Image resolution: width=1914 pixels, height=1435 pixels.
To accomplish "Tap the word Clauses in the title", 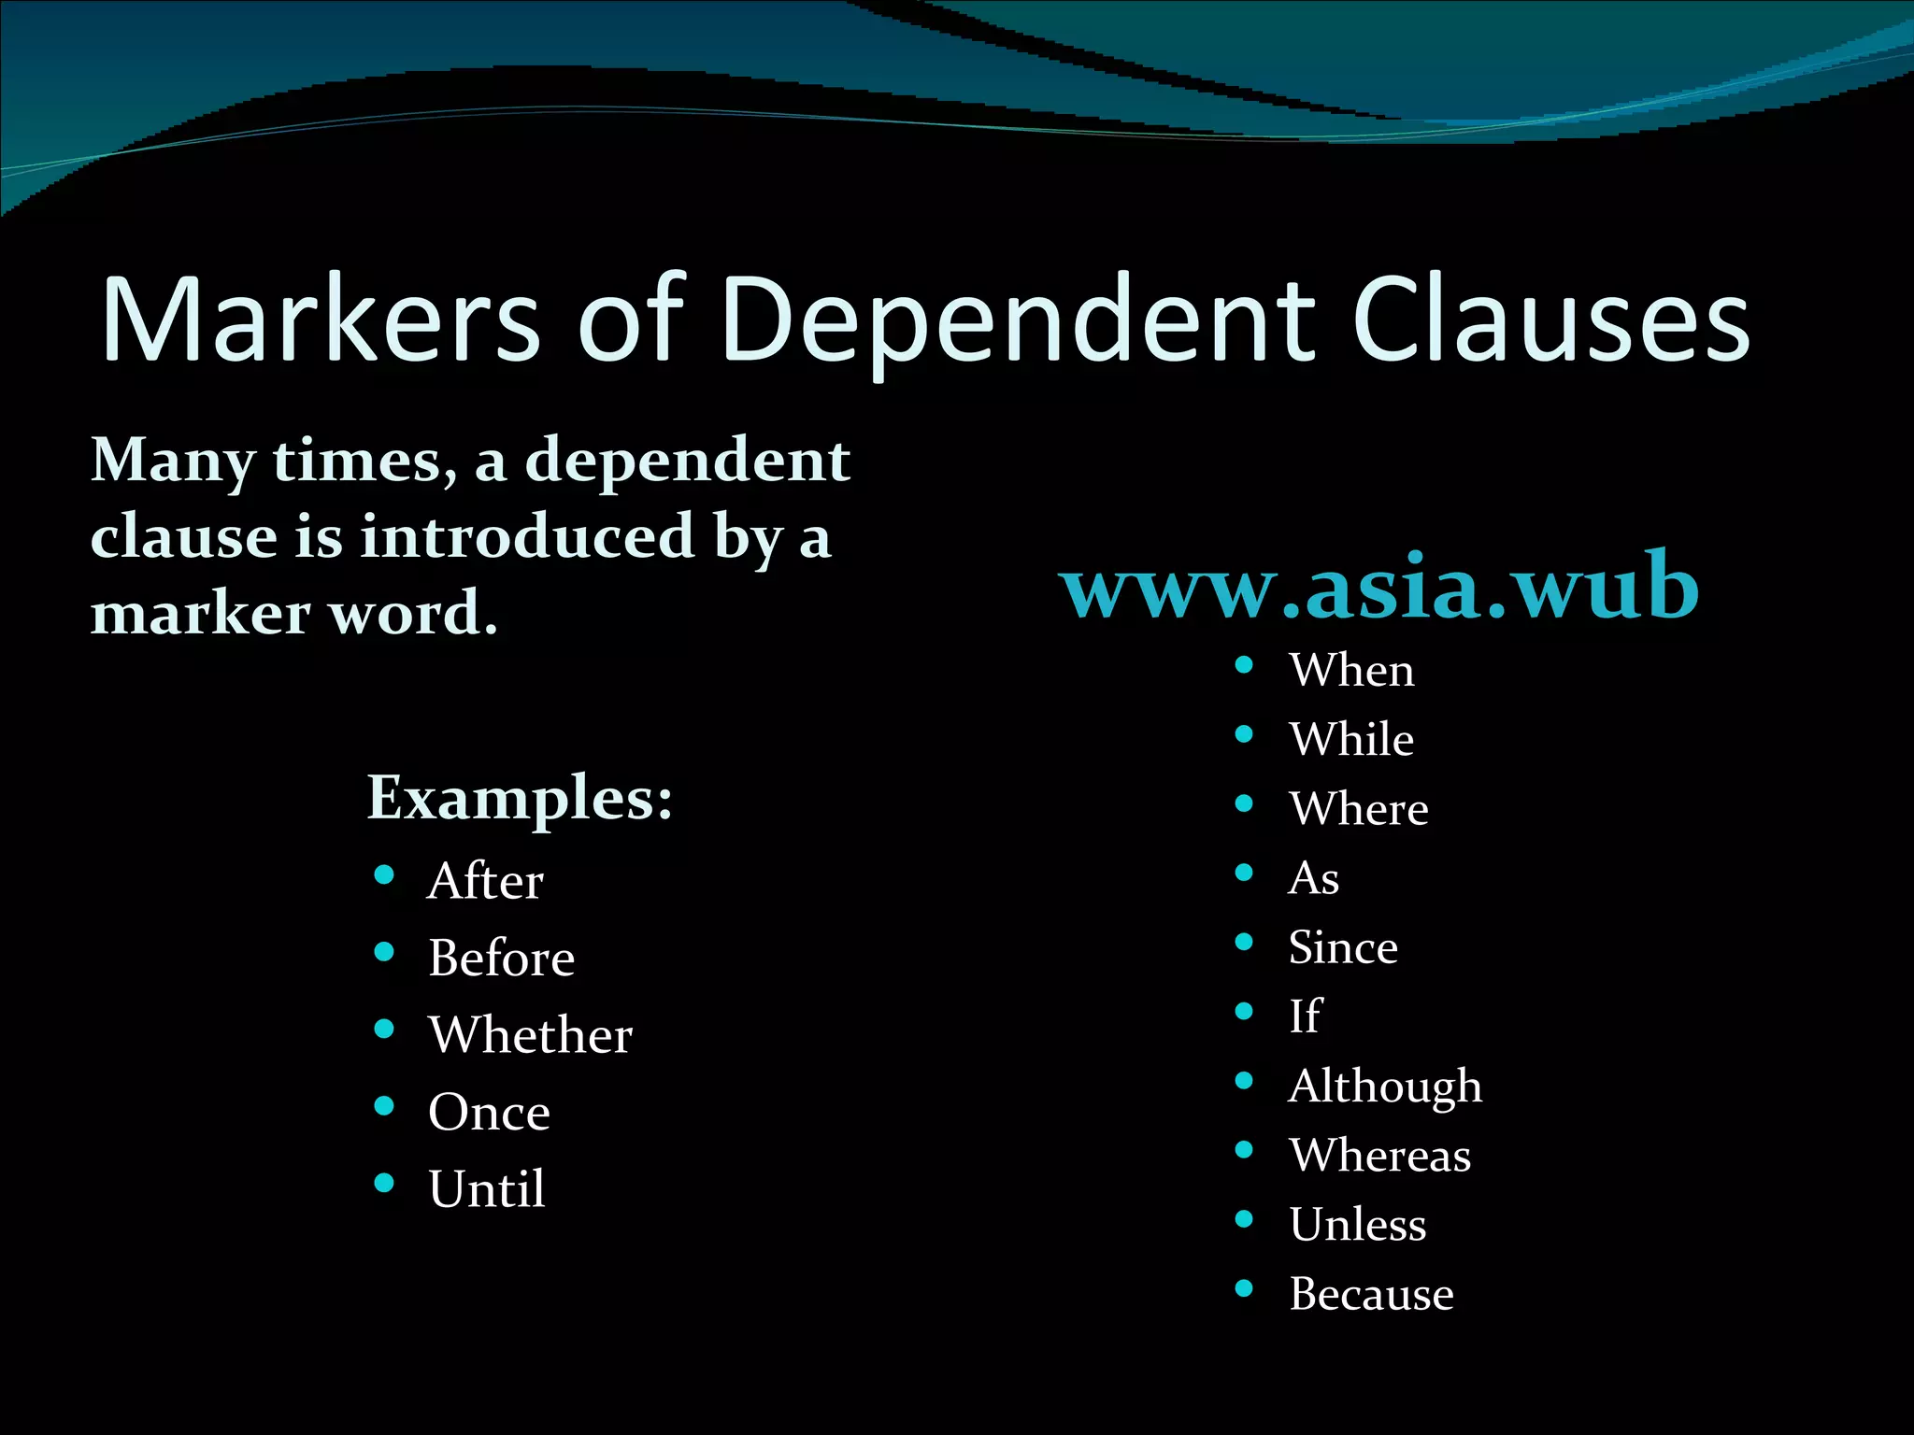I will [1550, 320].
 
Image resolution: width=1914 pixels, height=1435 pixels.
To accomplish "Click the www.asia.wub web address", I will [1378, 586].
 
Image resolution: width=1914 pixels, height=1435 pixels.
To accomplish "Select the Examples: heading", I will [520, 799].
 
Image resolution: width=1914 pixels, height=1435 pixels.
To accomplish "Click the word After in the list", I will [485, 881].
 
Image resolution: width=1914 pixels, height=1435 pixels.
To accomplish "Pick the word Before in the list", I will [501, 959].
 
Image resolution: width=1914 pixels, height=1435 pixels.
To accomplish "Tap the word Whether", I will [530, 1035].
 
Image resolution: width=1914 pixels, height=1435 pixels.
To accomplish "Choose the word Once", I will [489, 1112].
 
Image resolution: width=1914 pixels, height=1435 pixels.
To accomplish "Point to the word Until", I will [486, 1189].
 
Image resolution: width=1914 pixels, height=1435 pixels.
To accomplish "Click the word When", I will [1351, 670].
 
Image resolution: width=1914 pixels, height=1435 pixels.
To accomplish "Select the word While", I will [1351, 739].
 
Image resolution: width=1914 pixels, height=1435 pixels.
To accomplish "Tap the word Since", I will [1343, 947].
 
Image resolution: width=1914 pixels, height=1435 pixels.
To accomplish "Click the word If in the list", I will [1305, 1016].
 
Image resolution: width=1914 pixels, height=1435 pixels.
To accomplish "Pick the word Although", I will [1385, 1087].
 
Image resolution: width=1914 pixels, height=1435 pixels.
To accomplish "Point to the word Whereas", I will [1379, 1156].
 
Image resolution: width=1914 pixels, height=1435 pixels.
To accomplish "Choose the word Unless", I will [1358, 1225].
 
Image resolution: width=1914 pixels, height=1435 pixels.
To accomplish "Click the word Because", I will [1371, 1294].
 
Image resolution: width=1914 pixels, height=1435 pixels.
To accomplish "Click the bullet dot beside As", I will [1244, 873].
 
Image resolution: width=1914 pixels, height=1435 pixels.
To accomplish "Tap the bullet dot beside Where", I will [1244, 803].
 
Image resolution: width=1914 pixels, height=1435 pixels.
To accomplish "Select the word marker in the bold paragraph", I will [200, 614].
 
